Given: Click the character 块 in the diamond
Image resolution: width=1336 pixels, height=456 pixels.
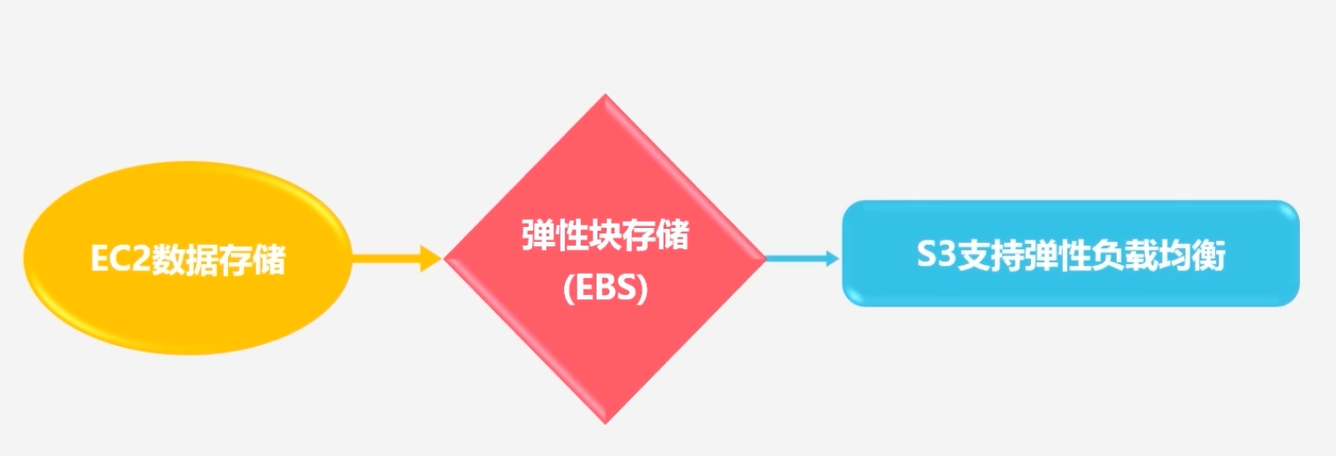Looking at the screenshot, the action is [x=605, y=237].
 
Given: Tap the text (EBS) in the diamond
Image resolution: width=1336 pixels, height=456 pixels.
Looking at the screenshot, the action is [x=605, y=290].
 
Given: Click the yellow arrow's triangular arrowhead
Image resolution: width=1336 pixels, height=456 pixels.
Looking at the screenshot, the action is [x=430, y=259].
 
